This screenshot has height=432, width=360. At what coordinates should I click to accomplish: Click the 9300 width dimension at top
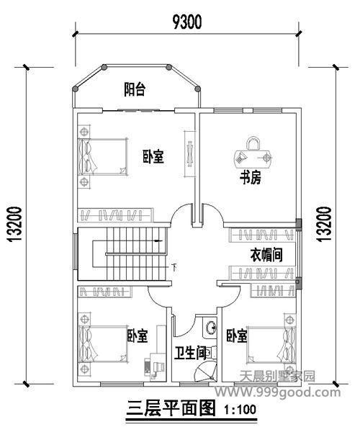point(186,22)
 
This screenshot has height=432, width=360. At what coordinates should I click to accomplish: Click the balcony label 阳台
point(134,89)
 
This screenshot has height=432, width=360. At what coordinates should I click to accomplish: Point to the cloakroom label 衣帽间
point(264,254)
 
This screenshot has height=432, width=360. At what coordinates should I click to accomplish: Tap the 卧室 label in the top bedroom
point(152,156)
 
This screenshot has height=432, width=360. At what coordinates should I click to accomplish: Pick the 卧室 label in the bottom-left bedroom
point(138,336)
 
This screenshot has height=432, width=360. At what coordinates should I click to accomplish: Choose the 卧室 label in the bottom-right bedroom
point(236,336)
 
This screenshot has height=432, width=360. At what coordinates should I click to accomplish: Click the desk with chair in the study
point(253,153)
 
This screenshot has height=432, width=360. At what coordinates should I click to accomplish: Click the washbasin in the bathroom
point(210,328)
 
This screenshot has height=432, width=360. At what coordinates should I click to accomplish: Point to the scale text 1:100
point(240,412)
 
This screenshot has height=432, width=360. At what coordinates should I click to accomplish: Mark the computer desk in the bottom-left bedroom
point(154,366)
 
